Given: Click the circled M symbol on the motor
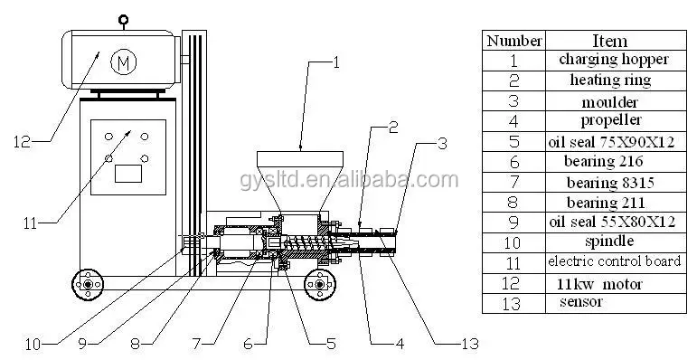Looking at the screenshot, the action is (123, 62).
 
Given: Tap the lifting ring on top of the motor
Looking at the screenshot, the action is (123, 19).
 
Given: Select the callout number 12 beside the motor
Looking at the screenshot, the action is (23, 142).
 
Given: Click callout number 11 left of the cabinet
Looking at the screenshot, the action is (30, 223).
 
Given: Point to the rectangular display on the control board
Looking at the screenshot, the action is (128, 173).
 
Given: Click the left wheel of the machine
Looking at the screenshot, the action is (88, 284).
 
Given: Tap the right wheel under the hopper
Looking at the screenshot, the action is (320, 284).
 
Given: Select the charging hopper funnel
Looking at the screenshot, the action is (300, 180).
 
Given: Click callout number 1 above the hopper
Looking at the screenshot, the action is (336, 62).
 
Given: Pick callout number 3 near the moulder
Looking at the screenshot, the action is (442, 144).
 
